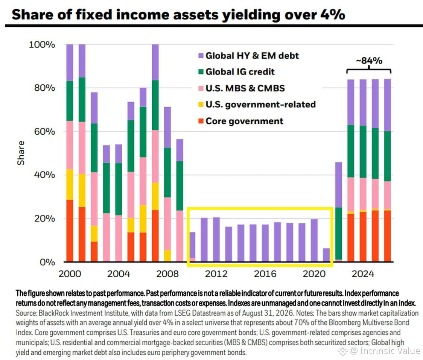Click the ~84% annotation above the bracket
tap(369, 61)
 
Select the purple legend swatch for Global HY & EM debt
tap(201, 56)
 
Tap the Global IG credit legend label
tap(240, 72)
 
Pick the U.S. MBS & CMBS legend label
tap(245, 88)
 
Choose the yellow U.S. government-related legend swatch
tap(201, 104)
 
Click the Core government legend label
tap(244, 121)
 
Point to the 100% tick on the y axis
tap(42, 44)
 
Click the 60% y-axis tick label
tap(44, 132)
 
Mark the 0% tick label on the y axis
tap(47, 262)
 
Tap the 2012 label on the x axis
tap(216, 274)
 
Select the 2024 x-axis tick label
tap(363, 274)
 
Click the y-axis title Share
tap(21, 153)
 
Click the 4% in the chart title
tap(333, 15)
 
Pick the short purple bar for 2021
tap(326, 255)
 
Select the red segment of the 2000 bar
tap(70, 231)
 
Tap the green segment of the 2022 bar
tap(339, 234)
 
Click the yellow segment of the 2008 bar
tap(167, 256)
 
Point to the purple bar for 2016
tap(265, 243)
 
